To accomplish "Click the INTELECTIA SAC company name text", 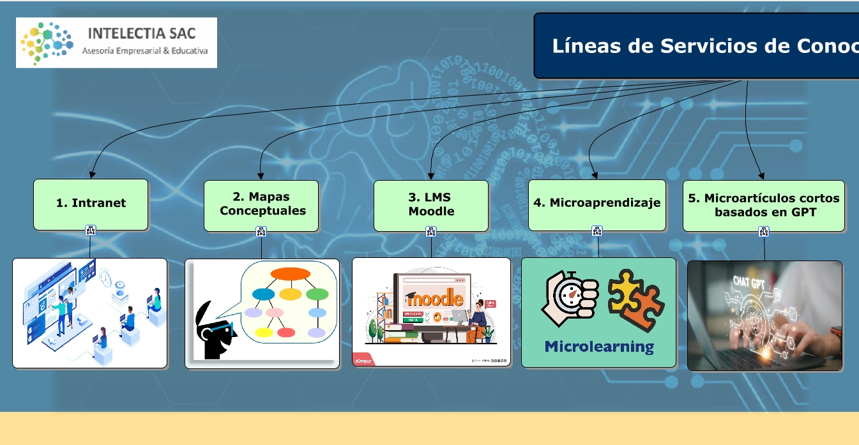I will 141,33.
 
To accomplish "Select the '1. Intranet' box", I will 91,204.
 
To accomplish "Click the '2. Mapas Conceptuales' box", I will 261,204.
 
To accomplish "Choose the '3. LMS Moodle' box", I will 431,204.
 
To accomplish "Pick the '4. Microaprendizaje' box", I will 597,204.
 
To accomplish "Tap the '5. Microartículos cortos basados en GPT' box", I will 764,205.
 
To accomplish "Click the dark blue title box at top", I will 696,46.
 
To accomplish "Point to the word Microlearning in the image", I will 599,347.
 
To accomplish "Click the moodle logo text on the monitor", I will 435,298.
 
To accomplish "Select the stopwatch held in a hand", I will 570,296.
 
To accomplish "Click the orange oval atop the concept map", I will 290,274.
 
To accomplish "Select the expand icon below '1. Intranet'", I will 90,231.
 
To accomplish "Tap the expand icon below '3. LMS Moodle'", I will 431,231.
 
